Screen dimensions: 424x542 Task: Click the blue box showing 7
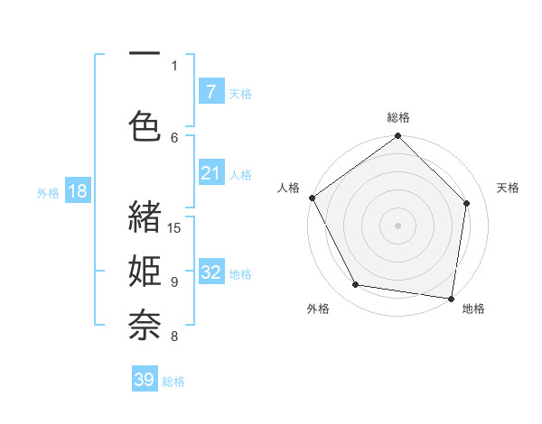click(x=210, y=91)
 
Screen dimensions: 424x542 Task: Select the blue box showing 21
click(x=210, y=173)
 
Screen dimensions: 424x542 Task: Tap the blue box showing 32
click(x=210, y=272)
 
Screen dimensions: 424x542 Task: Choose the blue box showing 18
click(x=77, y=191)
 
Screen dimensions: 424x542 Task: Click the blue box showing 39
click(x=145, y=380)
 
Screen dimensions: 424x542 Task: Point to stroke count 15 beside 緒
click(x=175, y=227)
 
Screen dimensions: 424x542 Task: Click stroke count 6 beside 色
click(x=174, y=137)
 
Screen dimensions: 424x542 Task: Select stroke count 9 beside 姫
click(x=174, y=282)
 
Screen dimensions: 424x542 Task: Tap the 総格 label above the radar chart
click(x=398, y=117)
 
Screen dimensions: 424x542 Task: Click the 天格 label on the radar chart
click(x=508, y=188)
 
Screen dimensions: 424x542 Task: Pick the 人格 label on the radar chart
click(x=288, y=188)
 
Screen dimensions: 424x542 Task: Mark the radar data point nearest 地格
click(x=451, y=298)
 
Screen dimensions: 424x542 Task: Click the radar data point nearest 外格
click(x=355, y=285)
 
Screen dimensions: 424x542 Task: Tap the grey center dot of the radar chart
click(x=398, y=225)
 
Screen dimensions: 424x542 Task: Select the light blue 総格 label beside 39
click(x=173, y=382)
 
